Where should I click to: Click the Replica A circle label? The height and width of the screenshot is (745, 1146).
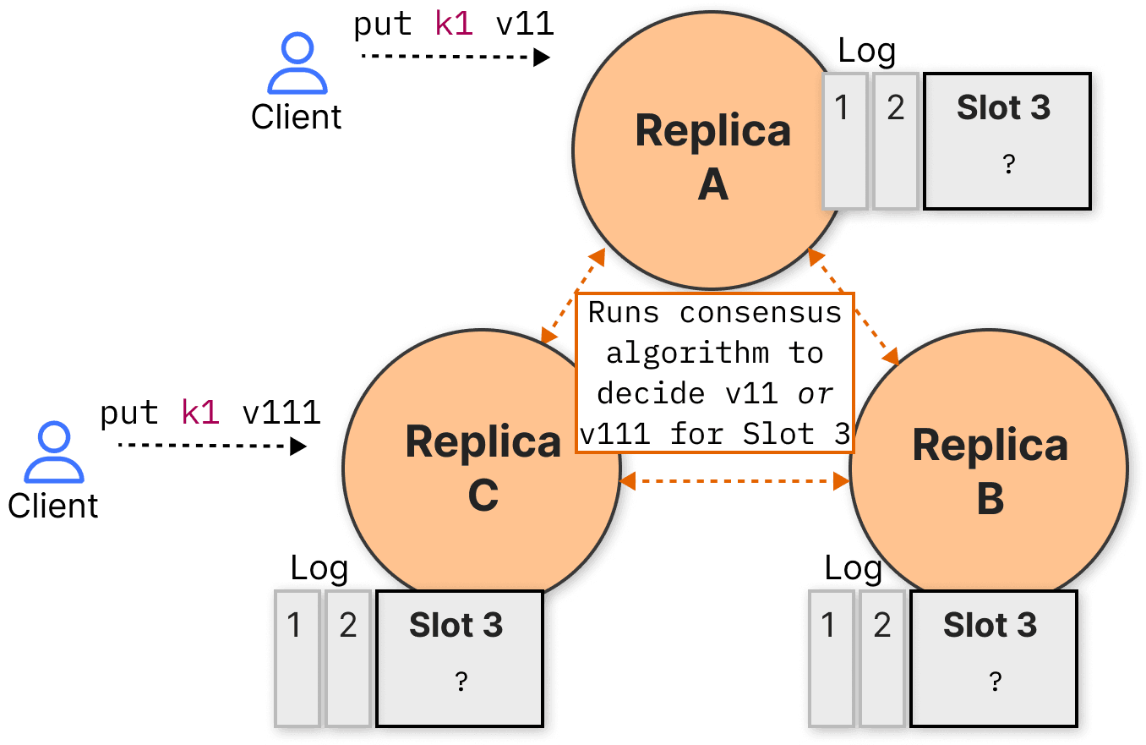tap(712, 156)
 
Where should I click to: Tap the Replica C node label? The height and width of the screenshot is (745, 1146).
tap(483, 468)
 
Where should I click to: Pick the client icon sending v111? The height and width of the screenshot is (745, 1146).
tap(54, 452)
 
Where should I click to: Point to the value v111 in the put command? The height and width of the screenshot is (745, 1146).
tap(281, 413)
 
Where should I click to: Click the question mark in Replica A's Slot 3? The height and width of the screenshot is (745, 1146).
tap(1008, 164)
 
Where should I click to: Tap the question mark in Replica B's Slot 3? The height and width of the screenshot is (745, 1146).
tap(995, 681)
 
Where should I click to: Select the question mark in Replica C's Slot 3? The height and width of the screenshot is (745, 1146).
tap(461, 681)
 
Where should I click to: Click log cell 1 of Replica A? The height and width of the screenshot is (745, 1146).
tap(844, 141)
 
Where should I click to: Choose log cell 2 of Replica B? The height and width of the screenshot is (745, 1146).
tap(882, 659)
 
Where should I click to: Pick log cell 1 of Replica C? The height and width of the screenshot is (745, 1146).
tap(297, 659)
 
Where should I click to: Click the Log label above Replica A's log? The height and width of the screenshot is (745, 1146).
tap(866, 52)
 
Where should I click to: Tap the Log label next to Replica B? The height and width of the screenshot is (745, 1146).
tap(854, 569)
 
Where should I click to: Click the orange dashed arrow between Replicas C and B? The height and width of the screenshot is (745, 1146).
tap(734, 481)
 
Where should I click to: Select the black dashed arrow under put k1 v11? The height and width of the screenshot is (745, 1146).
tap(456, 57)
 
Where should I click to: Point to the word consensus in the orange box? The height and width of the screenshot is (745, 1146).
tap(761, 313)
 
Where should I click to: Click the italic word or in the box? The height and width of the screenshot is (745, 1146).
tap(815, 394)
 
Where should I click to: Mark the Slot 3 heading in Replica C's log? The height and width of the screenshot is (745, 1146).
tap(456, 625)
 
